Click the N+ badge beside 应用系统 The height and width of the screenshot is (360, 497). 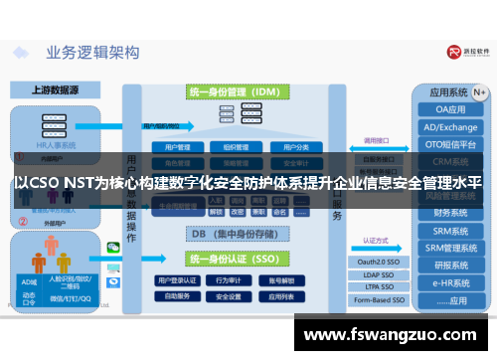(x=480, y=91)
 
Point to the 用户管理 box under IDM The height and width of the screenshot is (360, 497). (x=171, y=146)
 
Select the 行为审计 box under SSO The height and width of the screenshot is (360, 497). (x=228, y=280)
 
